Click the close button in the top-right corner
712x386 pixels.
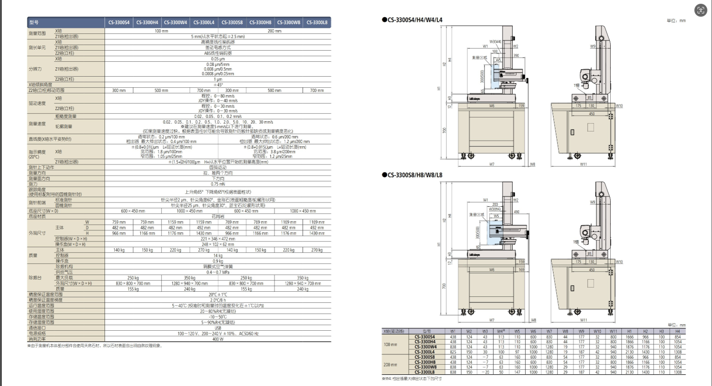(700, 10)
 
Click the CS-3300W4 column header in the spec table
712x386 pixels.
(176, 22)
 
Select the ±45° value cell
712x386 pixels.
(218, 85)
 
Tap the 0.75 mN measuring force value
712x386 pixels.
(218, 184)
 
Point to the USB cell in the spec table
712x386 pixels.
(218, 327)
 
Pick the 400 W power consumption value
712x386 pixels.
(218, 339)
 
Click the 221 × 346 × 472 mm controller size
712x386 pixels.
(218, 239)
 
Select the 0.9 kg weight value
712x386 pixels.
(218, 261)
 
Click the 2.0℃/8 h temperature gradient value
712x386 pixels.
(218, 300)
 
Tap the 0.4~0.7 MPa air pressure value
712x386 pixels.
(218, 272)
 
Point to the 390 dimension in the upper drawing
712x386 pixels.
(516, 55)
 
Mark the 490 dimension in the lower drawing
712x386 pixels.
(516, 212)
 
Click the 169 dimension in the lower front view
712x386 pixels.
(521, 269)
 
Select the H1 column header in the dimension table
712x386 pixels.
(629, 331)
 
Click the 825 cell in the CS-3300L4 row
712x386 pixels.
(453, 352)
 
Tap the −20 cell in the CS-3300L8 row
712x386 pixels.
(485, 372)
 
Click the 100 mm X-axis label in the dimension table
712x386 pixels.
(390, 344)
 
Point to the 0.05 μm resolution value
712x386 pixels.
(218, 59)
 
